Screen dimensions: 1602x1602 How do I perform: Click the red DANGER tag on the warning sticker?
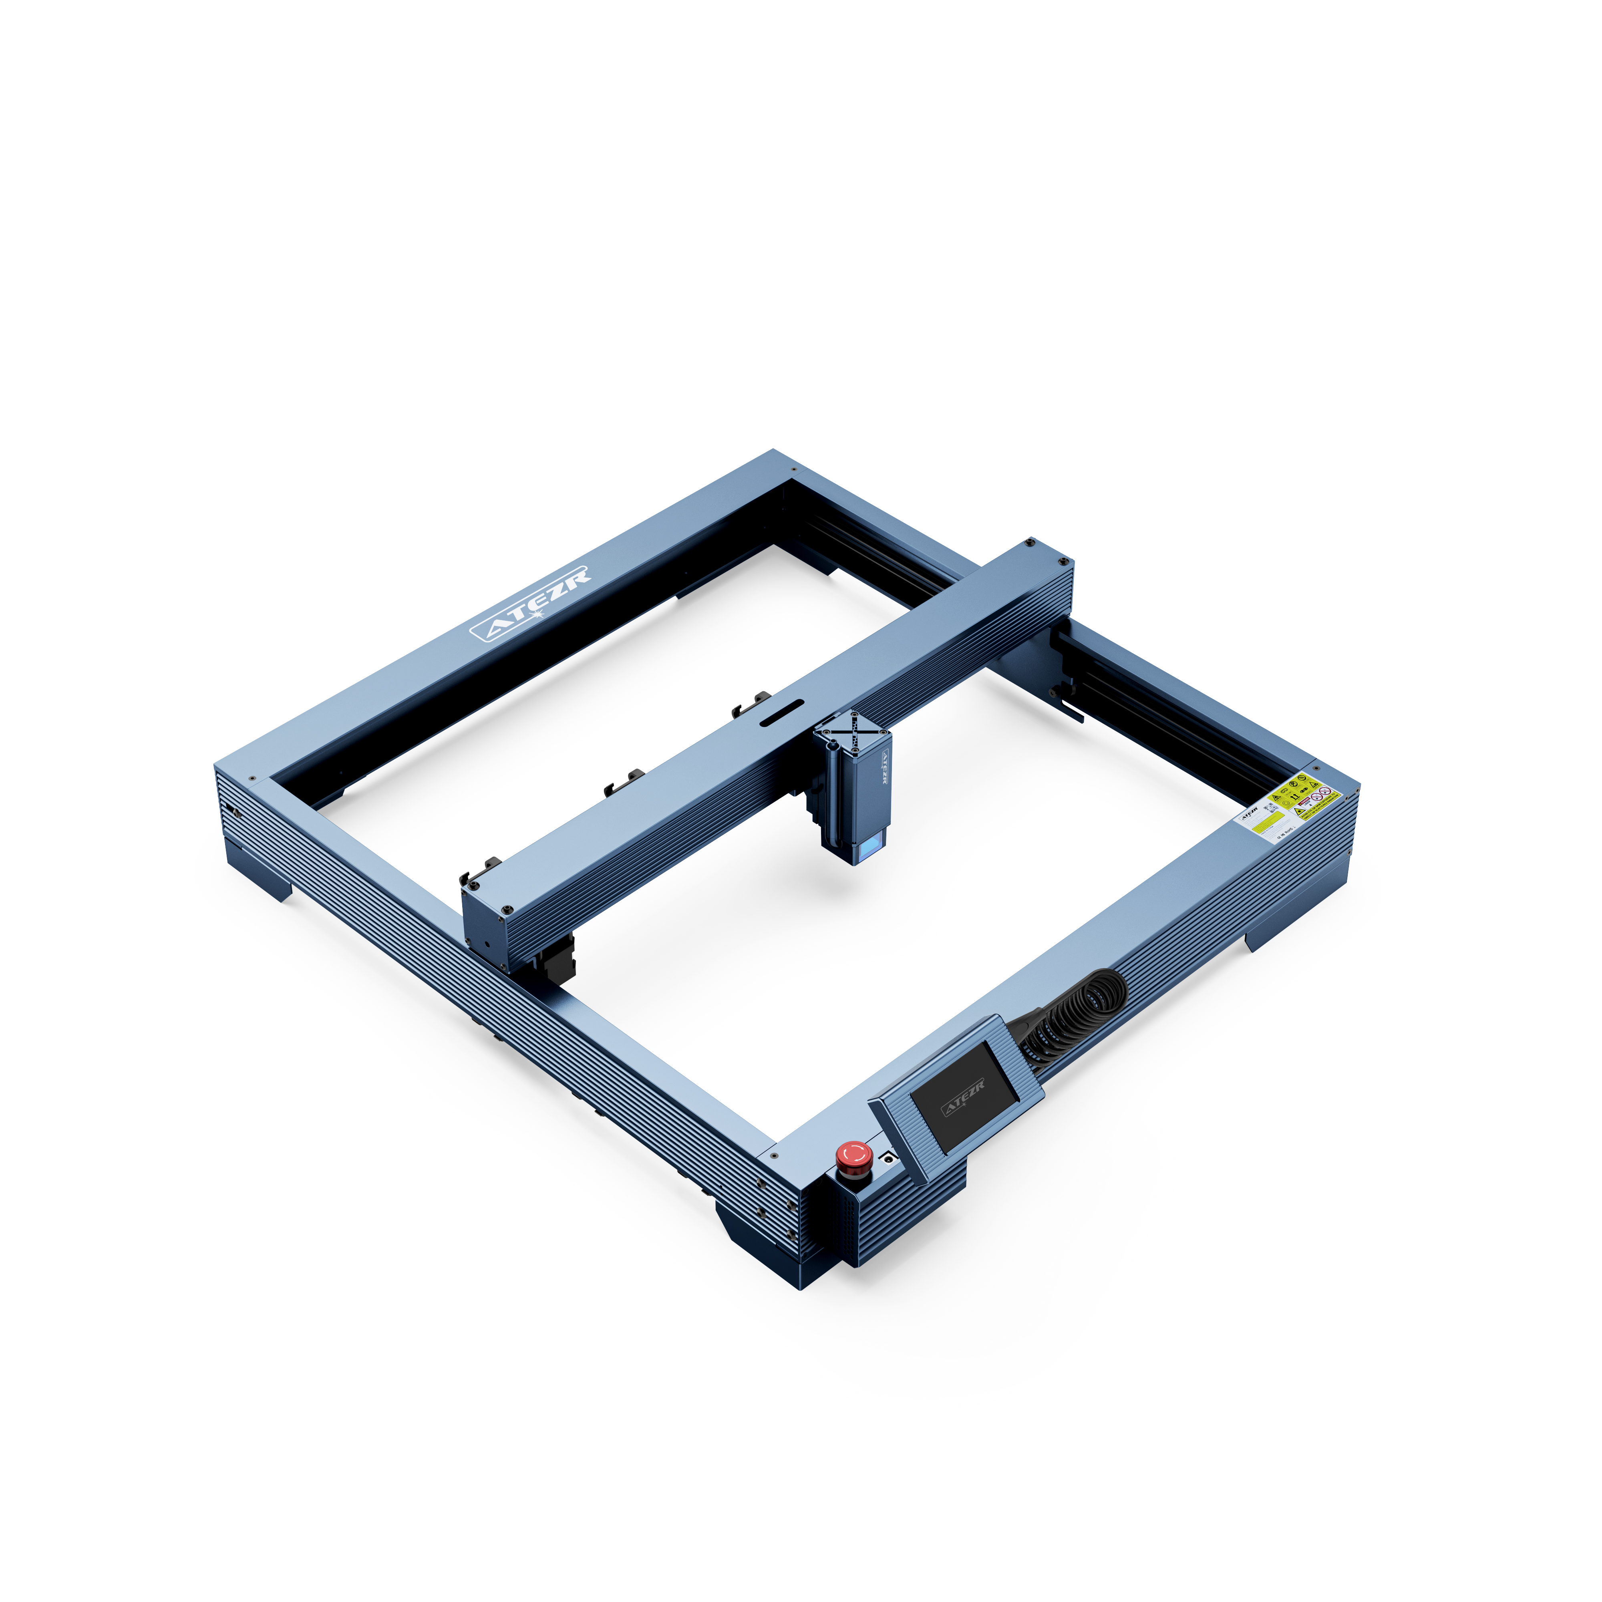(x=1304, y=801)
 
